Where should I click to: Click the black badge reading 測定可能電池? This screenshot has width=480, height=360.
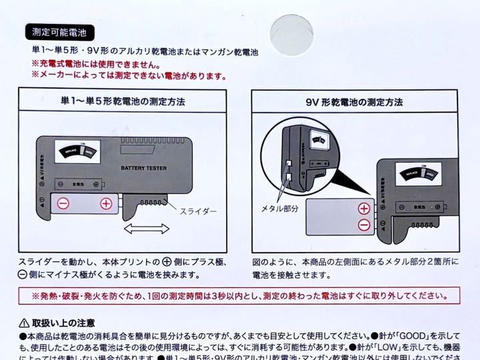[x=59, y=31]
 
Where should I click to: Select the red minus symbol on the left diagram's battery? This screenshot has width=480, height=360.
[x=62, y=204]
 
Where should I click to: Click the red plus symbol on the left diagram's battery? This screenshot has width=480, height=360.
[x=105, y=204]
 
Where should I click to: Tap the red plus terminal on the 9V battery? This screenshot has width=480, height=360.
[x=364, y=208]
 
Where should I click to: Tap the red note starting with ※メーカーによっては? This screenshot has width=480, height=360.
[x=129, y=76]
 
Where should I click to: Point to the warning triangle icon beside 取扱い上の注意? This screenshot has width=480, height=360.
[x=24, y=323]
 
